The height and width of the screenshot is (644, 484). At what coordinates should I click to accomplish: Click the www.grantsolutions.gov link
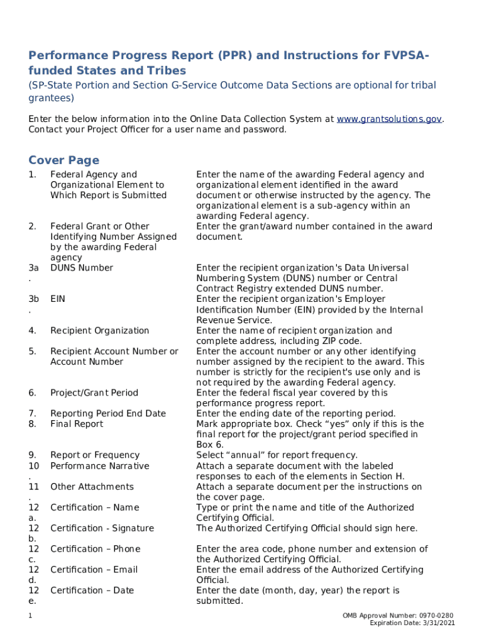[x=390, y=119]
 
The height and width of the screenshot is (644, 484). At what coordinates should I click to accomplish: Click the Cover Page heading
[x=63, y=160]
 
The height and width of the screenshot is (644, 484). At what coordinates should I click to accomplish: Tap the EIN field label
[x=58, y=299]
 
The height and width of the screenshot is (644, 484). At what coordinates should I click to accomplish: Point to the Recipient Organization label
[x=99, y=331]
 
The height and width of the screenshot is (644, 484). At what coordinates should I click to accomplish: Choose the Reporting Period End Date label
[x=108, y=414]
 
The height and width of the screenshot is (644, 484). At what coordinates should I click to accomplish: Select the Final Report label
[x=77, y=424]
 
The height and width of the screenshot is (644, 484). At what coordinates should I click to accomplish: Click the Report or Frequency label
[x=95, y=455]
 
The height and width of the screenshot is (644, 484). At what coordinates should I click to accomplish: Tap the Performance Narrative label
[x=100, y=466]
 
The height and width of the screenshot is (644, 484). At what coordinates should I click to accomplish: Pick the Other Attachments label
[x=92, y=487]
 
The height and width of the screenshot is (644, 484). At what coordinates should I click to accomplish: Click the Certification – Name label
[x=95, y=508]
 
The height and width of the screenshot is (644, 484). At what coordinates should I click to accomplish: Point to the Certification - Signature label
[x=102, y=528]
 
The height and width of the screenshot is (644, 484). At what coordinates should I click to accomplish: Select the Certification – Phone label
[x=96, y=549]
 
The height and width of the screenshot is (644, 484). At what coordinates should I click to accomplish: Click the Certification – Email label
[x=94, y=570]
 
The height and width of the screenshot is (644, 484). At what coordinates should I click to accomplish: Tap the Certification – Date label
[x=92, y=591]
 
